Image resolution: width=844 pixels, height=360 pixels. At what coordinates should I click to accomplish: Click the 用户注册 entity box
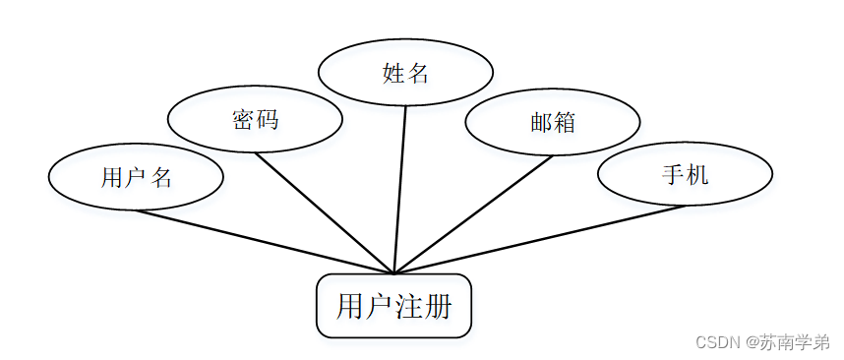tap(394, 306)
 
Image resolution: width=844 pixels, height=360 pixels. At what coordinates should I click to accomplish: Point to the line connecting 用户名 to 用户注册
tap(265, 242)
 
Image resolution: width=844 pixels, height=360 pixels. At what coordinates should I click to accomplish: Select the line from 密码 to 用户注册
tap(325, 213)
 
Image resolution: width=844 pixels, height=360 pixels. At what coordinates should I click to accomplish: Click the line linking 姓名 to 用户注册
tap(400, 190)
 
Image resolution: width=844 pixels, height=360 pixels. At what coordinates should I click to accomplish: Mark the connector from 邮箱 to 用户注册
tap(474, 214)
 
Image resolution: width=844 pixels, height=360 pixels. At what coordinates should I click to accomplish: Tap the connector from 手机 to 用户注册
tap(540, 239)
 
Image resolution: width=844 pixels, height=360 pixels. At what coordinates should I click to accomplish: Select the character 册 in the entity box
tap(439, 307)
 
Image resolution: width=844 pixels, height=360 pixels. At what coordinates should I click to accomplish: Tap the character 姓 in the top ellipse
tap(392, 73)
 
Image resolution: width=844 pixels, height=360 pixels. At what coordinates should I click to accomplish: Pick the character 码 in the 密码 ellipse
tap(268, 119)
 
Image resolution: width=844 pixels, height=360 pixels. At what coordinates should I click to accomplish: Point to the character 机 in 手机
tap(697, 174)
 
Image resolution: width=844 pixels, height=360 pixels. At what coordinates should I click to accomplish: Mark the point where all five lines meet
tap(394, 273)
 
